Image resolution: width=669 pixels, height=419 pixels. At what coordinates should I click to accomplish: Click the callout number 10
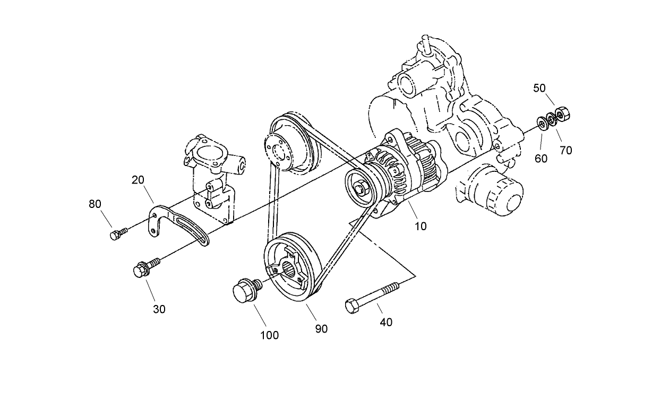421,226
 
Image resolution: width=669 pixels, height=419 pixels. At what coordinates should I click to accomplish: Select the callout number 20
138,180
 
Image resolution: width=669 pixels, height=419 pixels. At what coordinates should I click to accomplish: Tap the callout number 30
159,309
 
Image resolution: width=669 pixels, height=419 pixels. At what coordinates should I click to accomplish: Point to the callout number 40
387,322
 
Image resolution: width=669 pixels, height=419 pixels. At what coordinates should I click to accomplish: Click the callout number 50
539,88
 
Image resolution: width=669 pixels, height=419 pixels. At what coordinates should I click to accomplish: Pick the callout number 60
541,159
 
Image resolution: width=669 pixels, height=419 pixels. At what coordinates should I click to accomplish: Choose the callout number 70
566,150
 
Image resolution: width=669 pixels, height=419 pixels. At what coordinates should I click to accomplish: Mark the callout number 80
96,204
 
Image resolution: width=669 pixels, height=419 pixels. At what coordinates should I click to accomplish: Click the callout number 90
321,329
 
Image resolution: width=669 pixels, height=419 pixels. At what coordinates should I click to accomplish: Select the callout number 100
270,335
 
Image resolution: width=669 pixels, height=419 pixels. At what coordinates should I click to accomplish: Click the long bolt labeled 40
372,298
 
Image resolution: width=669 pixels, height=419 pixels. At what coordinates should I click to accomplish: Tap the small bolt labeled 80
117,234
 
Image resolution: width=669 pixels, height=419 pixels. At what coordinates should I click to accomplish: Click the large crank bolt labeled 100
245,291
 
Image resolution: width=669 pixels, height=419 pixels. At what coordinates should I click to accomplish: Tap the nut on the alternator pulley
361,188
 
